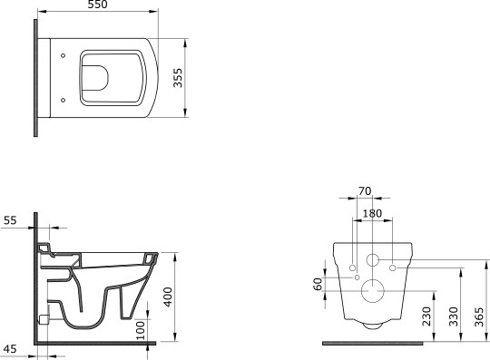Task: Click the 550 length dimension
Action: (98, 5)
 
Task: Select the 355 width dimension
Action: (178, 78)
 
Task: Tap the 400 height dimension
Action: (168, 297)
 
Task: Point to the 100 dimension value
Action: (141, 330)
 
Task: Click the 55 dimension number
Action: (10, 220)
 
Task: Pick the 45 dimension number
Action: (9, 349)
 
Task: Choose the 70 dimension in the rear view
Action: (365, 190)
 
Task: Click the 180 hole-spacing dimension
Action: (372, 214)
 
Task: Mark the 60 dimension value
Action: (318, 284)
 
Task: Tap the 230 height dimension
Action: (426, 316)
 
